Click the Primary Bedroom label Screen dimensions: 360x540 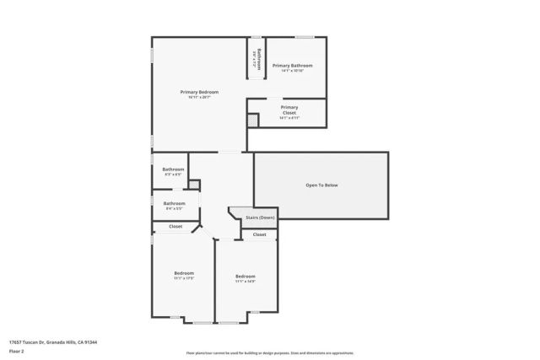(199, 91)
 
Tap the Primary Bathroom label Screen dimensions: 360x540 (292, 65)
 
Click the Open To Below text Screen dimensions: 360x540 (321, 185)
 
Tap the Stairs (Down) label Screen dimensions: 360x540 (260, 218)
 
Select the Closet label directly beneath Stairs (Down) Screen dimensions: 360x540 (259, 234)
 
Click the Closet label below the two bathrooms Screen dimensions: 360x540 (175, 226)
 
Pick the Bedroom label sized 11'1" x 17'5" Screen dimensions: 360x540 (184, 272)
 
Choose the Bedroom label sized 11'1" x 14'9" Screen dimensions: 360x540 (246, 277)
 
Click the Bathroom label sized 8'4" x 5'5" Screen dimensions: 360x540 (175, 202)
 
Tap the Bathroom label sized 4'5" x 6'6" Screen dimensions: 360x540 (173, 169)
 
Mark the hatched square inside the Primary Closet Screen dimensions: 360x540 (252, 121)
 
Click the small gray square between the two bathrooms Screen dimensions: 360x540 (193, 184)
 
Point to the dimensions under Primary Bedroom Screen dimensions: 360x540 (199, 97)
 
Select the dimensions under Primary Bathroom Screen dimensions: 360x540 (292, 71)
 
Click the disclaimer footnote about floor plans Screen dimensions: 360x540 (270, 353)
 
